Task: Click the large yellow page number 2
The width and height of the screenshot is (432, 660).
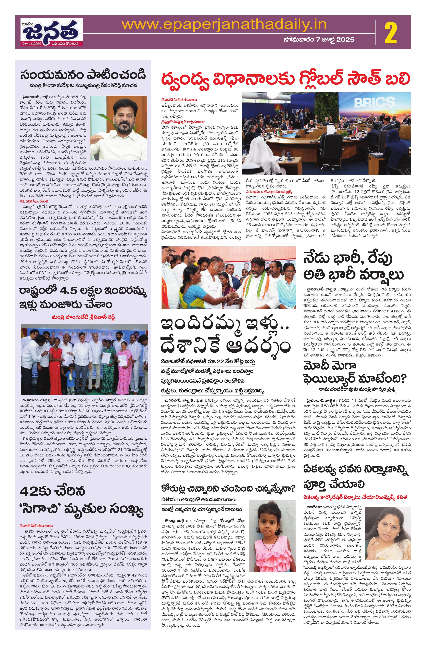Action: point(390,32)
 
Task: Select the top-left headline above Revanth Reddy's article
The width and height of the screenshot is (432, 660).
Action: point(83,75)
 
